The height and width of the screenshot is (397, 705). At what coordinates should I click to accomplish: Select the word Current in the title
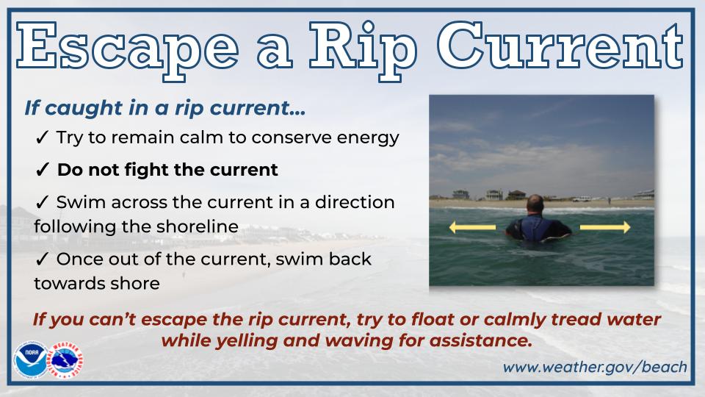pyautogui.click(x=560, y=46)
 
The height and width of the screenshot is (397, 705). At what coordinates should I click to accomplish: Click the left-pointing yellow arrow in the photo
pyautogui.click(x=472, y=227)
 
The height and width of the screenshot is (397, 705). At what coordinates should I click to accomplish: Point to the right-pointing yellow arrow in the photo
pyautogui.click(x=605, y=227)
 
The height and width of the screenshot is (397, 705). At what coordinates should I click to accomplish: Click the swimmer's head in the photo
pyautogui.click(x=535, y=205)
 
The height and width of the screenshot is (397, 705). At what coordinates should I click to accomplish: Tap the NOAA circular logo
pyautogui.click(x=30, y=360)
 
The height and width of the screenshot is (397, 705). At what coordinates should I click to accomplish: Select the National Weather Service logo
pyautogui.click(x=66, y=360)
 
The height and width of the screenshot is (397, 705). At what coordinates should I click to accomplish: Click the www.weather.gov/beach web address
pyautogui.click(x=595, y=368)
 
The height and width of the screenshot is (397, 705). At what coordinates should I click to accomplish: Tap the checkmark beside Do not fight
pyautogui.click(x=42, y=170)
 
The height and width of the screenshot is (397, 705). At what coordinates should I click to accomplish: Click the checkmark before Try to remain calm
pyautogui.click(x=41, y=137)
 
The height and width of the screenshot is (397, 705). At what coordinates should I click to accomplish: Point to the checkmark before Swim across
pyautogui.click(x=41, y=203)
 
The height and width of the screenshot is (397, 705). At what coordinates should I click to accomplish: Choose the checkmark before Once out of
pyautogui.click(x=41, y=260)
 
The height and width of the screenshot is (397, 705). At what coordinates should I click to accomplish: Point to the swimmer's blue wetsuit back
pyautogui.click(x=538, y=228)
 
